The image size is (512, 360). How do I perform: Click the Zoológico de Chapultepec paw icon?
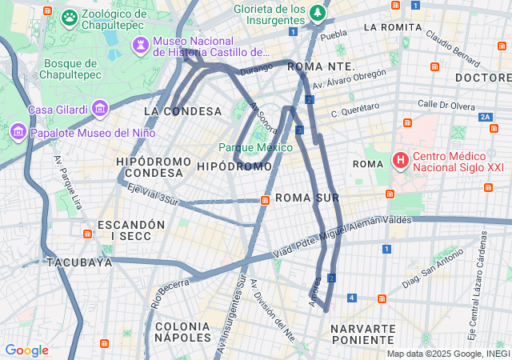[70, 16]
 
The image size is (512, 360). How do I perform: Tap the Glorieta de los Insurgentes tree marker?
[318, 12]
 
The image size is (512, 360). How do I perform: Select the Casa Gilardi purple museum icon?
[100, 107]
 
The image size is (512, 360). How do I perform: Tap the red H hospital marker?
[399, 161]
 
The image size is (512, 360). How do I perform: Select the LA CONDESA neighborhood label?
[182, 111]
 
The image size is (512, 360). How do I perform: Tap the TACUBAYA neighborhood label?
[78, 262]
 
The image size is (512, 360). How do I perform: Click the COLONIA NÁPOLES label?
[182, 333]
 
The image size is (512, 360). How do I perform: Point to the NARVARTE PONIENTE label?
[362, 334]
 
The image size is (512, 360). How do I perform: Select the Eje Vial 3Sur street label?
[152, 194]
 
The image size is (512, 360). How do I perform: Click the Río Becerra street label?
[170, 289]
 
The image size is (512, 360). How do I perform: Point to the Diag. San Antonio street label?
[433, 270]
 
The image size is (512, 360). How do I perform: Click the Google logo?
[26, 350]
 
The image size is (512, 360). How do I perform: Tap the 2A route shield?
[485, 117]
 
